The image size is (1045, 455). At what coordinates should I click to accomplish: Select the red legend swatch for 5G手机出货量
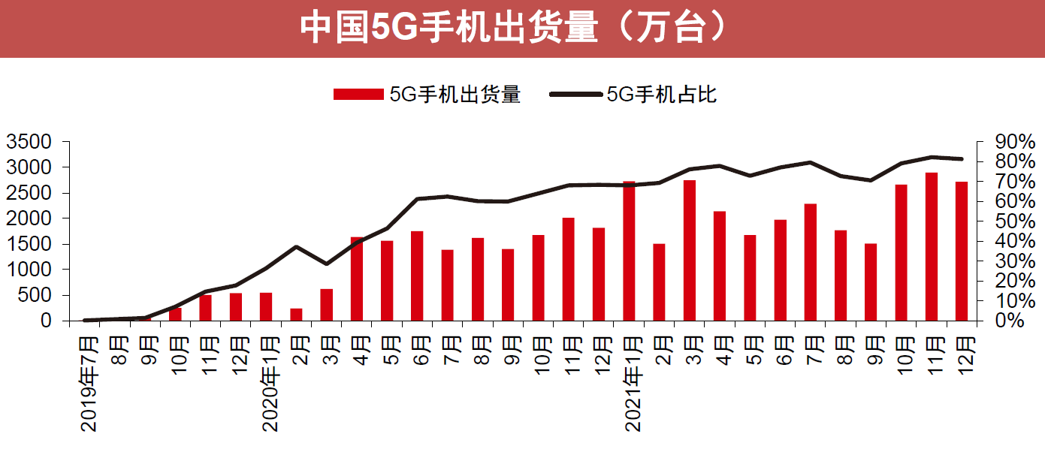click(x=358, y=94)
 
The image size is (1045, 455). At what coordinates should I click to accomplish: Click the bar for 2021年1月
click(x=629, y=251)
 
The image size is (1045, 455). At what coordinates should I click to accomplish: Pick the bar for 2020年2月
click(x=296, y=314)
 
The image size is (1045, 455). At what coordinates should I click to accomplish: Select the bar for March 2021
click(x=689, y=250)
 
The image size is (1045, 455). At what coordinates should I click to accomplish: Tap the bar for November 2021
click(x=932, y=246)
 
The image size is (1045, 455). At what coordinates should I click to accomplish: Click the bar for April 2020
click(x=357, y=279)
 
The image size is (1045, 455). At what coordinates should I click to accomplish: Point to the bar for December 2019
click(x=236, y=306)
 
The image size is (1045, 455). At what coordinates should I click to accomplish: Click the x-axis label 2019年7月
click(x=90, y=384)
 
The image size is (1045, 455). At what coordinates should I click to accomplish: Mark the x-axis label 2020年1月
click(x=271, y=384)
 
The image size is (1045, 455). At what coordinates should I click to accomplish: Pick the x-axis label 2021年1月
click(x=634, y=384)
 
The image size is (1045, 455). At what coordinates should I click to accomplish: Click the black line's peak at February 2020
click(x=296, y=246)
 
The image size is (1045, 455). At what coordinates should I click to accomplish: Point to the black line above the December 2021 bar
click(x=962, y=158)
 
